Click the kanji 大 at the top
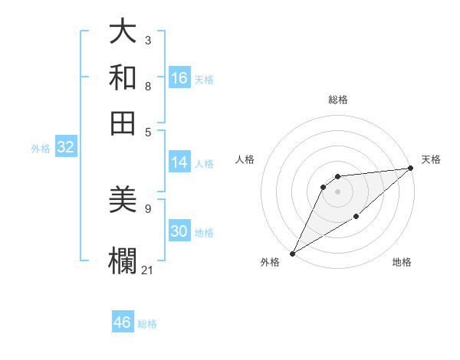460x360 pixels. [x=123, y=33]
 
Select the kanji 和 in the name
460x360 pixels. [x=123, y=78]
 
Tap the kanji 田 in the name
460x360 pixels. [x=123, y=123]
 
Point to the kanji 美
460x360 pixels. [x=123, y=201]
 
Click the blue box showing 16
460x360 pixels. [x=179, y=78]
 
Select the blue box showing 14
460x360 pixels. [x=179, y=162]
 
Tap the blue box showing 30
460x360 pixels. [x=179, y=232]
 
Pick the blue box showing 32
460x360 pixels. [x=65, y=148]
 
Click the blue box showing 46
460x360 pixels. [x=123, y=322]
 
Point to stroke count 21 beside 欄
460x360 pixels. [x=148, y=270]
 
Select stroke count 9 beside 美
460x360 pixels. [x=147, y=208]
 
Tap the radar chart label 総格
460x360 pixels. [x=337, y=100]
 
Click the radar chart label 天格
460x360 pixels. [x=431, y=159]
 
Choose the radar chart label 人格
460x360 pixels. [x=245, y=159]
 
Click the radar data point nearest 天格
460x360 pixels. [x=410, y=169]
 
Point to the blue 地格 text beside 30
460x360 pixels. [x=205, y=233]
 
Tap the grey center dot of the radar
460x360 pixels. [x=337, y=191]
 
